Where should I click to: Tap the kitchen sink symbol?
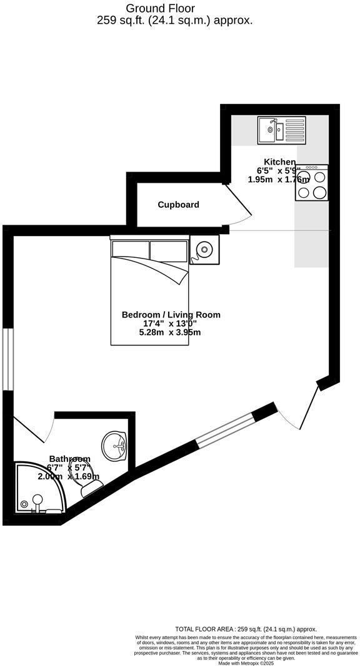pyautogui.click(x=281, y=130)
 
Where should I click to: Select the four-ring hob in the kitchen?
pyautogui.click(x=311, y=183)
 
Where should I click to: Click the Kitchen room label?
pyautogui.click(x=279, y=162)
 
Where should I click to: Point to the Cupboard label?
pyautogui.click(x=178, y=205)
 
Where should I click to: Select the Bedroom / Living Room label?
pyautogui.click(x=171, y=315)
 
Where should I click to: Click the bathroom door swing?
pyautogui.click(x=35, y=432)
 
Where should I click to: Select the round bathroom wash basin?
pyautogui.click(x=115, y=444)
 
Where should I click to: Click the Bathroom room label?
pyautogui.click(x=70, y=459)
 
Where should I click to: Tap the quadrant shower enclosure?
pyautogui.click(x=39, y=488)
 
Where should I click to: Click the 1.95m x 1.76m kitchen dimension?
pyautogui.click(x=279, y=179)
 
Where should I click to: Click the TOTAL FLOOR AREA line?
pyautogui.click(x=246, y=629)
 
